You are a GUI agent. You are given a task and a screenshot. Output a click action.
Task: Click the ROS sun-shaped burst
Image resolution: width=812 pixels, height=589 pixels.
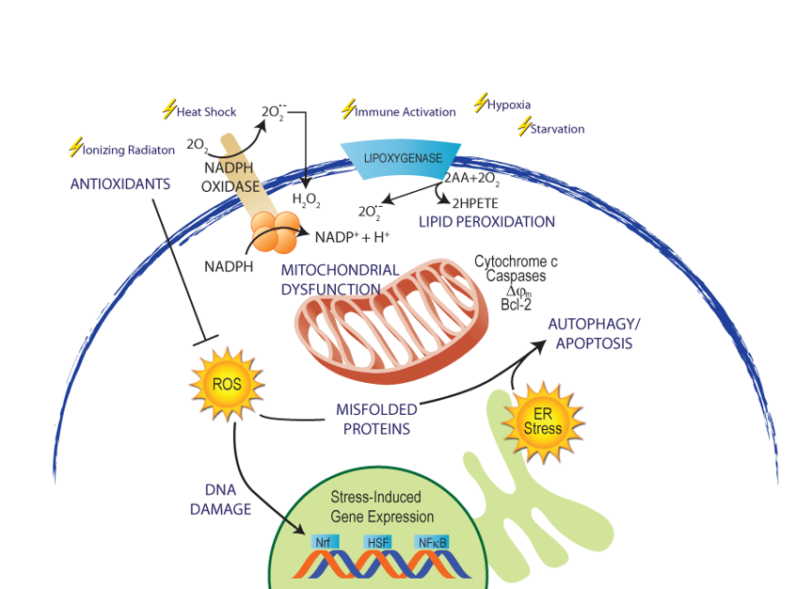pyautogui.click(x=227, y=384)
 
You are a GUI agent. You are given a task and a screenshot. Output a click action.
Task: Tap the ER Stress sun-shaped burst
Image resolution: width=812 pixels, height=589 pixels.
pyautogui.click(x=543, y=422)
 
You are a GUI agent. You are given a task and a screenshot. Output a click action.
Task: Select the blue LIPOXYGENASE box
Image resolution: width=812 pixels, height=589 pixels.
pyautogui.click(x=402, y=158)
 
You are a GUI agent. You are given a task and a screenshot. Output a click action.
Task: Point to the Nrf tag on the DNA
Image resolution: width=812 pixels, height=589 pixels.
pyautogui.click(x=323, y=541)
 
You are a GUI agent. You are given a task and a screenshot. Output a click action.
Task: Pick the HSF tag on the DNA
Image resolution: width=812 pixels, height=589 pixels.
pyautogui.click(x=376, y=541)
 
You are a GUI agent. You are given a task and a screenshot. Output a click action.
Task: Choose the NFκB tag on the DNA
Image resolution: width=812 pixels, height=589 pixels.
pyautogui.click(x=432, y=541)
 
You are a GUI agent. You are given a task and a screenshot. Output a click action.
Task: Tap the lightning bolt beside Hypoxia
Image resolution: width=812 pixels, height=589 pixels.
pyautogui.click(x=481, y=102)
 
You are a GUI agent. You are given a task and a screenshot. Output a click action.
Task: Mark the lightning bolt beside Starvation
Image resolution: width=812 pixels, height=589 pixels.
pyautogui.click(x=524, y=127)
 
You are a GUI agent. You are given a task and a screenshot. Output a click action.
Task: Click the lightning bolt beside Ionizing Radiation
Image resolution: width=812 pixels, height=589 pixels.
pyautogui.click(x=75, y=147)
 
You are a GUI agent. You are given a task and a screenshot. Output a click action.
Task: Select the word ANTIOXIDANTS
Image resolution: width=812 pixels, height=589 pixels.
pyautogui.click(x=120, y=183)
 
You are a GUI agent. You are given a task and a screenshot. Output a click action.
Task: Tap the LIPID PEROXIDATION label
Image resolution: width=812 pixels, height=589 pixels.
pyautogui.click(x=486, y=222)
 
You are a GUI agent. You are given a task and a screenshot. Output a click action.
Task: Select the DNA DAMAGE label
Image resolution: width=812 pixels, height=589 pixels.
pyautogui.click(x=220, y=500)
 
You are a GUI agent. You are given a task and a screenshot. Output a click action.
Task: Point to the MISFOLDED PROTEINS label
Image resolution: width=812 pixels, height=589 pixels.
pyautogui.click(x=375, y=419)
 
